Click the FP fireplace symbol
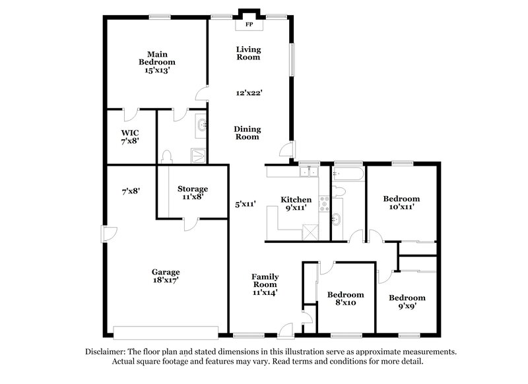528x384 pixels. (x=249, y=24)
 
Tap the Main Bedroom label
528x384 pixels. (x=156, y=57)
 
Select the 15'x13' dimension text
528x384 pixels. (x=156, y=69)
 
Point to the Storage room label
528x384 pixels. (x=192, y=189)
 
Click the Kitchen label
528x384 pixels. (x=296, y=199)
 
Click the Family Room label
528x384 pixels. (x=264, y=281)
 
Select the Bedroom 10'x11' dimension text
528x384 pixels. (x=402, y=207)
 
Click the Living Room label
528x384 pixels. (x=249, y=53)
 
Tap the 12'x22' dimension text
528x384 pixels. (x=249, y=93)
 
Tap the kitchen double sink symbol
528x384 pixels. (x=308, y=173)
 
